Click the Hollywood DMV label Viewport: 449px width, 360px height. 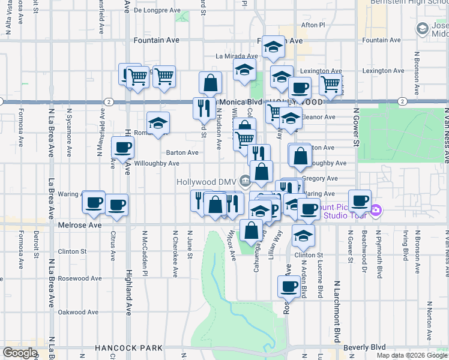click(x=206, y=182)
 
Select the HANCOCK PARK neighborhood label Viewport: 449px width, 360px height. click(x=129, y=348)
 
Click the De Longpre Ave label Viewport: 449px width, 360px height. click(x=157, y=10)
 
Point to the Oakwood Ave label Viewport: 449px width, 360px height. click(x=79, y=312)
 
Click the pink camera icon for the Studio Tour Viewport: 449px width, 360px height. click(x=376, y=210)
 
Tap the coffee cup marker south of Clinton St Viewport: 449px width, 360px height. click(x=289, y=286)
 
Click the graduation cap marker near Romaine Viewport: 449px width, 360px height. click(x=158, y=123)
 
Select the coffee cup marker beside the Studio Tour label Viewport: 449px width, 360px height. click(x=360, y=200)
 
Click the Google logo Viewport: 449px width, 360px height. click(x=20, y=353)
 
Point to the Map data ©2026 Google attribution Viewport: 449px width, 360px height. click(x=411, y=355)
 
